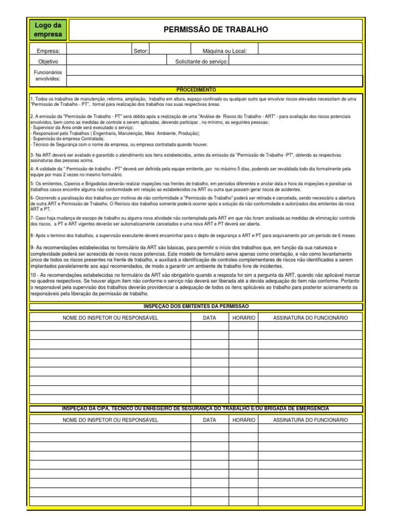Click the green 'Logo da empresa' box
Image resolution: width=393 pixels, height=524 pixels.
(x=48, y=30)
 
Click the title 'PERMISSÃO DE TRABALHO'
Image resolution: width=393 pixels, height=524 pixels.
(x=215, y=30)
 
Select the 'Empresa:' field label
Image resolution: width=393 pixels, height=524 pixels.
(x=48, y=51)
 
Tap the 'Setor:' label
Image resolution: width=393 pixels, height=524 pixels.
(x=141, y=51)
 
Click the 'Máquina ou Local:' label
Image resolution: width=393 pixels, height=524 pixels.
(x=225, y=51)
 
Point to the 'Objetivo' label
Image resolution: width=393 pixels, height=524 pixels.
(x=48, y=61)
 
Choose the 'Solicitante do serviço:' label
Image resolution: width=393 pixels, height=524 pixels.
(x=202, y=61)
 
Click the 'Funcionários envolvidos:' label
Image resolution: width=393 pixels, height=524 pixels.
(x=48, y=76)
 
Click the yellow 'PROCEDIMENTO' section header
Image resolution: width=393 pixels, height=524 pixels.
(x=196, y=90)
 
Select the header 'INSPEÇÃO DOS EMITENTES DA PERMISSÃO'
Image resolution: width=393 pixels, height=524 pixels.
(x=196, y=306)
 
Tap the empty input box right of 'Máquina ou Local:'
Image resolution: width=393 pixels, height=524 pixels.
(x=310, y=51)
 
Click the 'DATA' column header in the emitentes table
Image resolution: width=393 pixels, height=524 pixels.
(x=209, y=318)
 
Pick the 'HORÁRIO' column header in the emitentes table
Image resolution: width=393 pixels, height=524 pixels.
(x=243, y=318)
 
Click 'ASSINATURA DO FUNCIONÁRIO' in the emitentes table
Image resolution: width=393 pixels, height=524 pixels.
(x=310, y=318)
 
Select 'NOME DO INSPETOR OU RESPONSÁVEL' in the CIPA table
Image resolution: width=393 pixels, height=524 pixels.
(x=110, y=420)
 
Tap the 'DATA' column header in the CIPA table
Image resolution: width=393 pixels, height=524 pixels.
(x=209, y=420)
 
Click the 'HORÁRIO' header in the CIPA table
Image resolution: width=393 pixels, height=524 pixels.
(x=243, y=420)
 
